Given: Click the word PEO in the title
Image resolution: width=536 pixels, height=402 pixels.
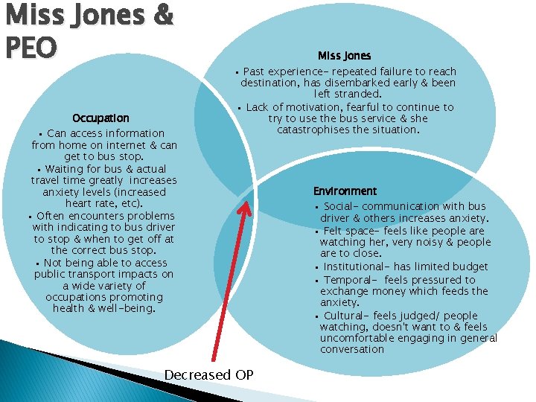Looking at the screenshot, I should (29, 47).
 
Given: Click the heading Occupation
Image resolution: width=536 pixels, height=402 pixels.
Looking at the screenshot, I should (100, 118).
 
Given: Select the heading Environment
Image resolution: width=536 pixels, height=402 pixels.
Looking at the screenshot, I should (345, 191).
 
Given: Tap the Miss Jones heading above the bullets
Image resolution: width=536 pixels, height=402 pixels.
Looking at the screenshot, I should (344, 56).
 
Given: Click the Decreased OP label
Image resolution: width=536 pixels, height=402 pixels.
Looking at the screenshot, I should (208, 374).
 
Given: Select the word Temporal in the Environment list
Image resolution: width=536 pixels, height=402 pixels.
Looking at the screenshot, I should (348, 279).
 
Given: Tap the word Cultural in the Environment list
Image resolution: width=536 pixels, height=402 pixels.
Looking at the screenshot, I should (346, 315).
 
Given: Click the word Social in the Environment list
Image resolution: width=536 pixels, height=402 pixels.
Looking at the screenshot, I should (341, 206).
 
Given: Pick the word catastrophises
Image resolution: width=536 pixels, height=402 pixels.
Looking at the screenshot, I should (320, 130).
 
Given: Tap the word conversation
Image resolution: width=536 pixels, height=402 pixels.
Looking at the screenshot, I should (352, 349).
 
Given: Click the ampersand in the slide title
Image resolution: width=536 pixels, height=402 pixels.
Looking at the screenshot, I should (161, 15).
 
